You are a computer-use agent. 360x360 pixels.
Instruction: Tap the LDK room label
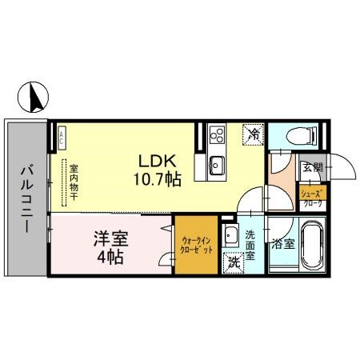coord(157,158)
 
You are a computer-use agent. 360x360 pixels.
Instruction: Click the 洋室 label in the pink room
coord(110,239)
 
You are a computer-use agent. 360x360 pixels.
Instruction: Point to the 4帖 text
coord(111,258)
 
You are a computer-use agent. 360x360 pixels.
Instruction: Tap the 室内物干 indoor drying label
coord(73,189)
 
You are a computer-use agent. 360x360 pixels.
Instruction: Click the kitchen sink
coord(216,165)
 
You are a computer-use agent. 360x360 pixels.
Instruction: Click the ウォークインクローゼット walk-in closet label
coord(195,244)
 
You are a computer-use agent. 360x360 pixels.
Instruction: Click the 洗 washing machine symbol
coord(234,261)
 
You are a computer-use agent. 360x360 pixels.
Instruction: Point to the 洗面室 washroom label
coord(250,246)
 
